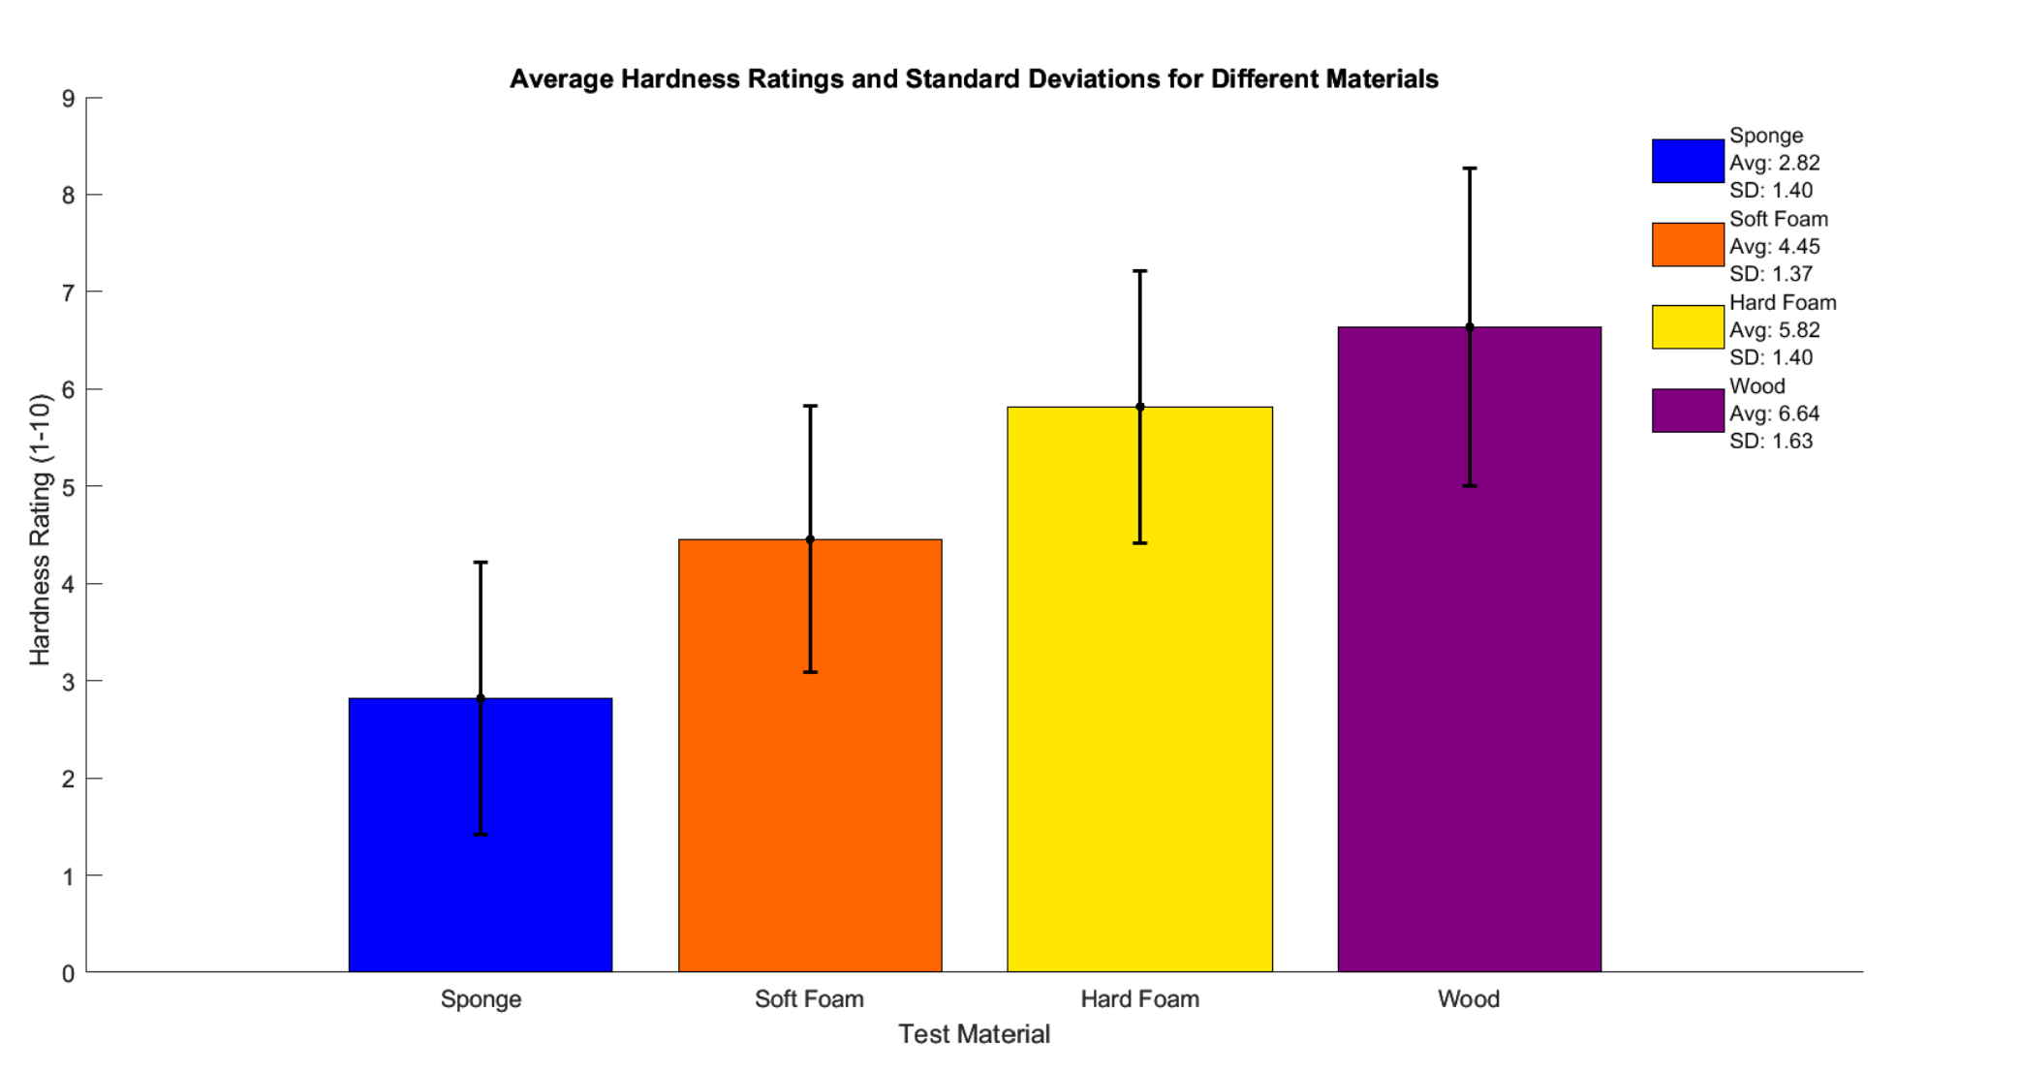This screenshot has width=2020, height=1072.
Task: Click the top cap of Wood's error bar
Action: [x=1470, y=168]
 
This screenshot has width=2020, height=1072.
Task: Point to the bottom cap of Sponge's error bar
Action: [x=481, y=834]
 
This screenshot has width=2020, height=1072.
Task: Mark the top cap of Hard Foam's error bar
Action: [x=1140, y=271]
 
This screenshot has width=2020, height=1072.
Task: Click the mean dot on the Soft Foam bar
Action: [x=810, y=539]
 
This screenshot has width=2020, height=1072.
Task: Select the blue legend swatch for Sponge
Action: [x=1688, y=161]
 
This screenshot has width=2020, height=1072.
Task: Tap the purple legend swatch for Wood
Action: [x=1688, y=411]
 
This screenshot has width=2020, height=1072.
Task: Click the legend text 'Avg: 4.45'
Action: [x=1775, y=246]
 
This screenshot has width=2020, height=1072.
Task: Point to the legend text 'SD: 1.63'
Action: [x=1771, y=441]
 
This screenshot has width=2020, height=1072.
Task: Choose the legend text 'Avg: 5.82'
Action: [x=1775, y=330]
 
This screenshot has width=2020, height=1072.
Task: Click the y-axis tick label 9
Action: [x=68, y=98]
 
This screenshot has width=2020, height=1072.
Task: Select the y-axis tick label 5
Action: [x=68, y=486]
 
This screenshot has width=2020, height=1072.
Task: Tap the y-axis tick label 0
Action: [x=68, y=973]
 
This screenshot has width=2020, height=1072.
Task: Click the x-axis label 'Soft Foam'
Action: [x=809, y=998]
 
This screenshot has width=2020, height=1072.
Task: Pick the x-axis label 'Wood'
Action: [x=1469, y=998]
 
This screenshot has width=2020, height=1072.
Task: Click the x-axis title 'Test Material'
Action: [x=974, y=1034]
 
